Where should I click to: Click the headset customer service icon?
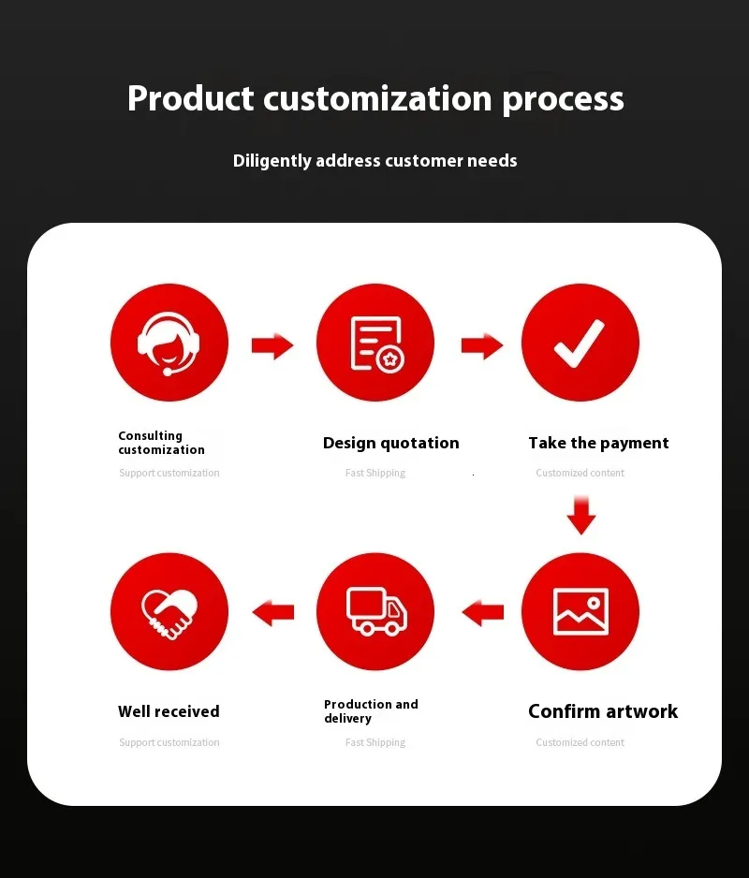click(x=169, y=344)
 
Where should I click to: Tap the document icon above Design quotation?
click(x=377, y=344)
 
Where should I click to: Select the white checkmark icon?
click(x=580, y=344)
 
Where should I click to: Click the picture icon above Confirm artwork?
click(x=580, y=611)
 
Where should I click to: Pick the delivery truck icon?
click(x=376, y=611)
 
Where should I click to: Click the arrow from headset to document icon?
click(x=272, y=345)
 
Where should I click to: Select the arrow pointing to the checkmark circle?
click(x=482, y=345)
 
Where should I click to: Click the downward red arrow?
click(x=580, y=515)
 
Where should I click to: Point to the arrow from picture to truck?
click(x=483, y=612)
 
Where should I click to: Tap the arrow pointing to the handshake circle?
click(x=273, y=612)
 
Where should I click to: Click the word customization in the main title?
click(x=377, y=98)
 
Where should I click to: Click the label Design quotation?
click(x=391, y=443)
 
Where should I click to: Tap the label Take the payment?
click(x=598, y=443)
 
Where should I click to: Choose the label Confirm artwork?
click(x=603, y=711)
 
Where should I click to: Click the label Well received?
click(x=169, y=711)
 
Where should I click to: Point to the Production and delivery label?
click(x=371, y=711)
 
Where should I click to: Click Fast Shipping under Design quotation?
click(x=375, y=473)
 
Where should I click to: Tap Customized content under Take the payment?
click(x=580, y=473)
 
